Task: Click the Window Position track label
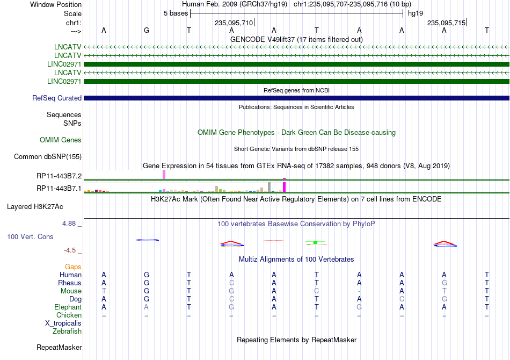[56, 4]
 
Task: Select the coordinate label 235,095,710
[234, 23]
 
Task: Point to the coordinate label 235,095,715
[446, 23]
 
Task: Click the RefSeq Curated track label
[57, 98]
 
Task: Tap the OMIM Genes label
[61, 140]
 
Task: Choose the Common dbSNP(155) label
[48, 156]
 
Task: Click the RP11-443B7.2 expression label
[59, 176]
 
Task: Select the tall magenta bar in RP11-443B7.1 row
[285, 187]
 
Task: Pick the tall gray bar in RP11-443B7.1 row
[269, 187]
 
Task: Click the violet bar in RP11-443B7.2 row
[164, 175]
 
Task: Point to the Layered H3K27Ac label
[35, 207]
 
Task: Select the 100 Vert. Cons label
[30, 236]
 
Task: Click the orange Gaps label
[73, 267]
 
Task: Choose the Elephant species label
[68, 307]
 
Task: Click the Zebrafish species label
[67, 332]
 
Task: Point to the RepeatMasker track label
[59, 347]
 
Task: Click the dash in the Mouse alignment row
[359, 291]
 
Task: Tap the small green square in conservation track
[315, 243]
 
